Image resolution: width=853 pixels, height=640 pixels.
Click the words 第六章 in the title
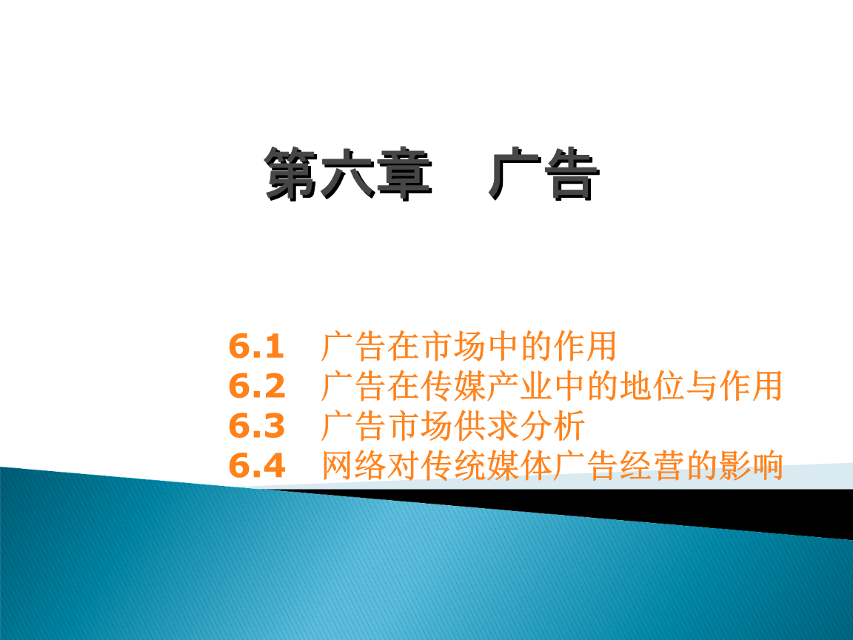pos(348,173)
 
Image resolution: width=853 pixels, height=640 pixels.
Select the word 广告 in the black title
pos(544,173)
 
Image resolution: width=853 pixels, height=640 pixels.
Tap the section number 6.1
pos(256,347)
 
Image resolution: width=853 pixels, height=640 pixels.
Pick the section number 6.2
pos(257,387)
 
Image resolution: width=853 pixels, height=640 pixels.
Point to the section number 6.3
pos(257,426)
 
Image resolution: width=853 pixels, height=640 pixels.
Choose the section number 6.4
pos(257,466)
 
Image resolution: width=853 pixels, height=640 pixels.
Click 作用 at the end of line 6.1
pos(586,346)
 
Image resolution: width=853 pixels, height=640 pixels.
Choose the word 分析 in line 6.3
pos(552,426)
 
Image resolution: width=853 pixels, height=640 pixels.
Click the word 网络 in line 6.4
pos(355,465)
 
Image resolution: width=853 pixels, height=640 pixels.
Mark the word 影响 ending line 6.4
pos(752,465)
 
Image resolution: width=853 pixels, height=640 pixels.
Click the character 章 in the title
pos(405,173)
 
